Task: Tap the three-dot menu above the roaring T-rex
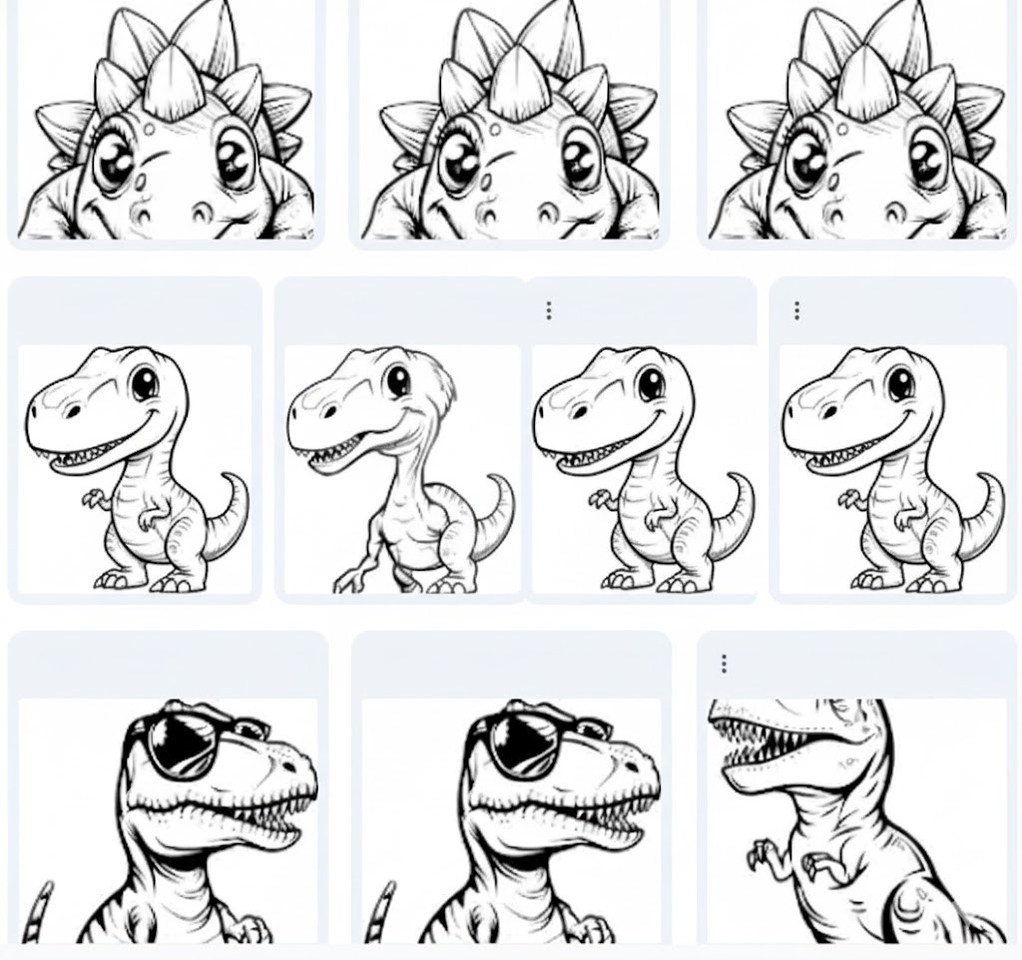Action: (724, 664)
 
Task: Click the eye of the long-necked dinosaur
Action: (399, 380)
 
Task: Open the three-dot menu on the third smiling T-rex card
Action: (549, 311)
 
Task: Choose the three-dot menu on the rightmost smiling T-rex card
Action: (796, 311)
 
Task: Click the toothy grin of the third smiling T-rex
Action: (589, 454)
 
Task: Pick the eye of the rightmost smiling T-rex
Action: (900, 382)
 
